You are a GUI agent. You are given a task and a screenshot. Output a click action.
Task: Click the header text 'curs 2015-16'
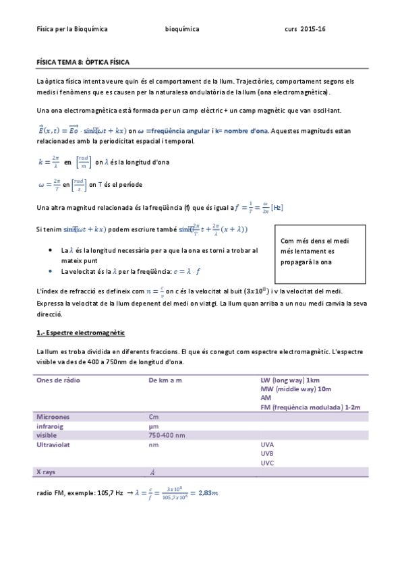(305, 30)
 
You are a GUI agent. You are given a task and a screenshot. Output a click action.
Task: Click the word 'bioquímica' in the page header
(182, 30)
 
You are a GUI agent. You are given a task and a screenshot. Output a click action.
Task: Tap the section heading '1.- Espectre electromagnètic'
(80, 334)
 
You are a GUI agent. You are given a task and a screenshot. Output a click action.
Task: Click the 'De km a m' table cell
(165, 380)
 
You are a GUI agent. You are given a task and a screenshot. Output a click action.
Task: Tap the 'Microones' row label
(54, 417)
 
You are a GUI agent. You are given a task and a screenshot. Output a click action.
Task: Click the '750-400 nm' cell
(167, 436)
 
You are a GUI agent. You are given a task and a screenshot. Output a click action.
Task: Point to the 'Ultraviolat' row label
(55, 445)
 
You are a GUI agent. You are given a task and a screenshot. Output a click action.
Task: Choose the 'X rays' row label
(47, 471)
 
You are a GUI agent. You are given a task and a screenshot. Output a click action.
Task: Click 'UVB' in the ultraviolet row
(268, 454)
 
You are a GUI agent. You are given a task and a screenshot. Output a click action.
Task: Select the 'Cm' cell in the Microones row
(153, 417)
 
